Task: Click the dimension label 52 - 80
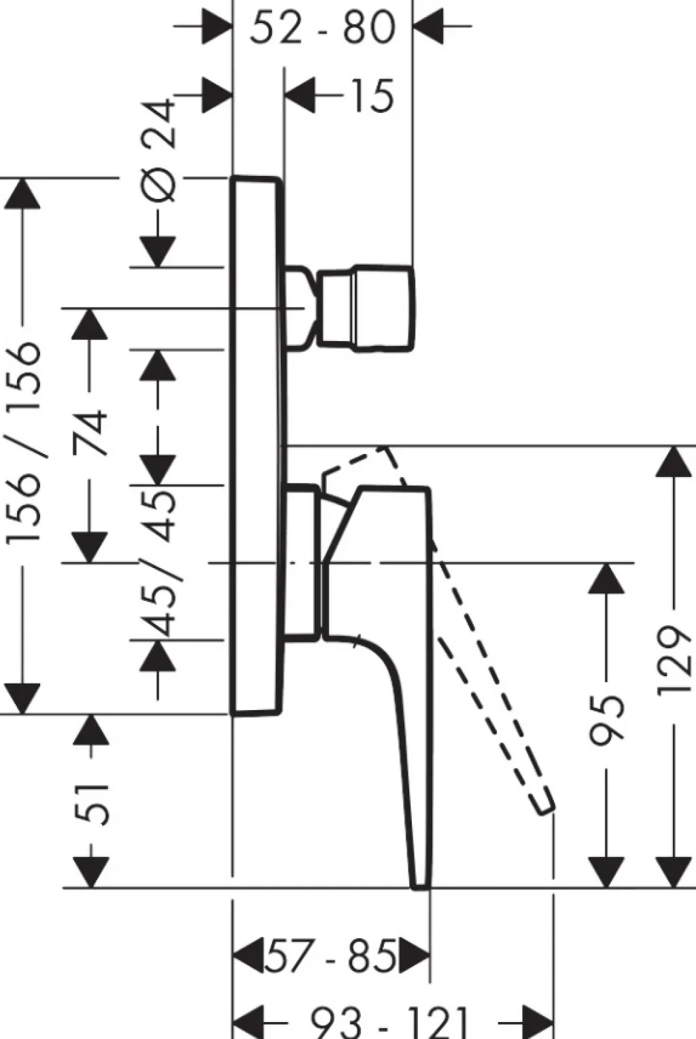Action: click(323, 27)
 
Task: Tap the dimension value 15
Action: click(372, 96)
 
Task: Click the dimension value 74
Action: click(90, 432)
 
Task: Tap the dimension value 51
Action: click(91, 804)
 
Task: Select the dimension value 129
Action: click(675, 661)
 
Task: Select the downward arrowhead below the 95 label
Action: click(606, 872)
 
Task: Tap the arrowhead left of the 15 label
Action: click(300, 96)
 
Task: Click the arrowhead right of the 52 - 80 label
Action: click(428, 26)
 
